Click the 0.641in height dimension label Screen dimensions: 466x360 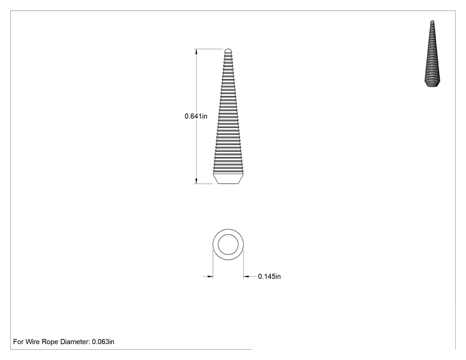point(196,116)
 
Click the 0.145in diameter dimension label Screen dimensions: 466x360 point(269,277)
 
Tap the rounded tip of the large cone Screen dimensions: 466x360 point(228,51)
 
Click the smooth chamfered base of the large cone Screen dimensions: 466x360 point(228,178)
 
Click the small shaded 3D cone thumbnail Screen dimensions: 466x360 point(432,54)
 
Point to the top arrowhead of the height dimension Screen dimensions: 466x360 point(196,52)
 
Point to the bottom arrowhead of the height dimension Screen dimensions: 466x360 point(196,181)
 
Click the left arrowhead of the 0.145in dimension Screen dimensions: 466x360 point(210,277)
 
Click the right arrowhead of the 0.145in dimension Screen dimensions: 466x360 point(246,277)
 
